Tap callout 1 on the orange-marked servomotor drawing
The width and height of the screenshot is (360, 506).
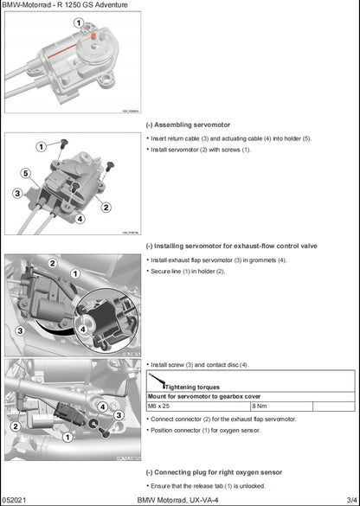(x=78, y=22)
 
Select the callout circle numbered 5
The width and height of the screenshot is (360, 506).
(x=25, y=174)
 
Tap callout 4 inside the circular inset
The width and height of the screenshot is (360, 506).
(x=83, y=329)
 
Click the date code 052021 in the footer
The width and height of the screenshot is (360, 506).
(x=15, y=500)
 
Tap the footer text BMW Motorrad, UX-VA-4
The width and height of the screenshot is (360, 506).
(x=180, y=500)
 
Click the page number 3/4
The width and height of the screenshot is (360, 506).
(x=350, y=500)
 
